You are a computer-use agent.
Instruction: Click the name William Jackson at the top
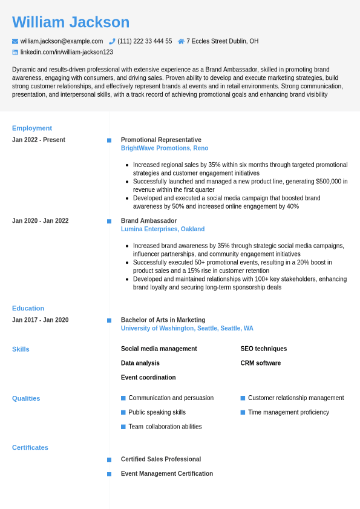(71, 22)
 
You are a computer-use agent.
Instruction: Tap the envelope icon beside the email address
(15, 41)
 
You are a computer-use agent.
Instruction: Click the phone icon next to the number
(112, 41)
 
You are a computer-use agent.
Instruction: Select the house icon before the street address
(181, 41)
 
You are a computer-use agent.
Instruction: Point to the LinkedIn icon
(15, 53)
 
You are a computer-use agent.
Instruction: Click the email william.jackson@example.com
(62, 41)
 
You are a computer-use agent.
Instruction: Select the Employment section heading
(32, 128)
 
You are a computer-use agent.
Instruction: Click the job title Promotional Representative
(161, 140)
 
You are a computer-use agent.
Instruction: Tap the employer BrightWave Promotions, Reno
(165, 148)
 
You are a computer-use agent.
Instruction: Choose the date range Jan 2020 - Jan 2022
(41, 221)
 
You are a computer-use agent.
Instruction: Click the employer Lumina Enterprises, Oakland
(163, 229)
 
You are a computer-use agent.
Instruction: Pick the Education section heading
(28, 308)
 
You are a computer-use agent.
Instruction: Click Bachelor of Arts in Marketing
(163, 320)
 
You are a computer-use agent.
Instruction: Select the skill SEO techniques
(264, 349)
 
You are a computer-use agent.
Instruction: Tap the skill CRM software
(261, 363)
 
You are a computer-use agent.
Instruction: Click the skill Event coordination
(148, 378)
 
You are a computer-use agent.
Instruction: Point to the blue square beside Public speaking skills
(123, 412)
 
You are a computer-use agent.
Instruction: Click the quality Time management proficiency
(289, 412)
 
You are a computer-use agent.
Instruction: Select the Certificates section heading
(30, 448)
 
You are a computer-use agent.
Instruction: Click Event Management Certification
(167, 474)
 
